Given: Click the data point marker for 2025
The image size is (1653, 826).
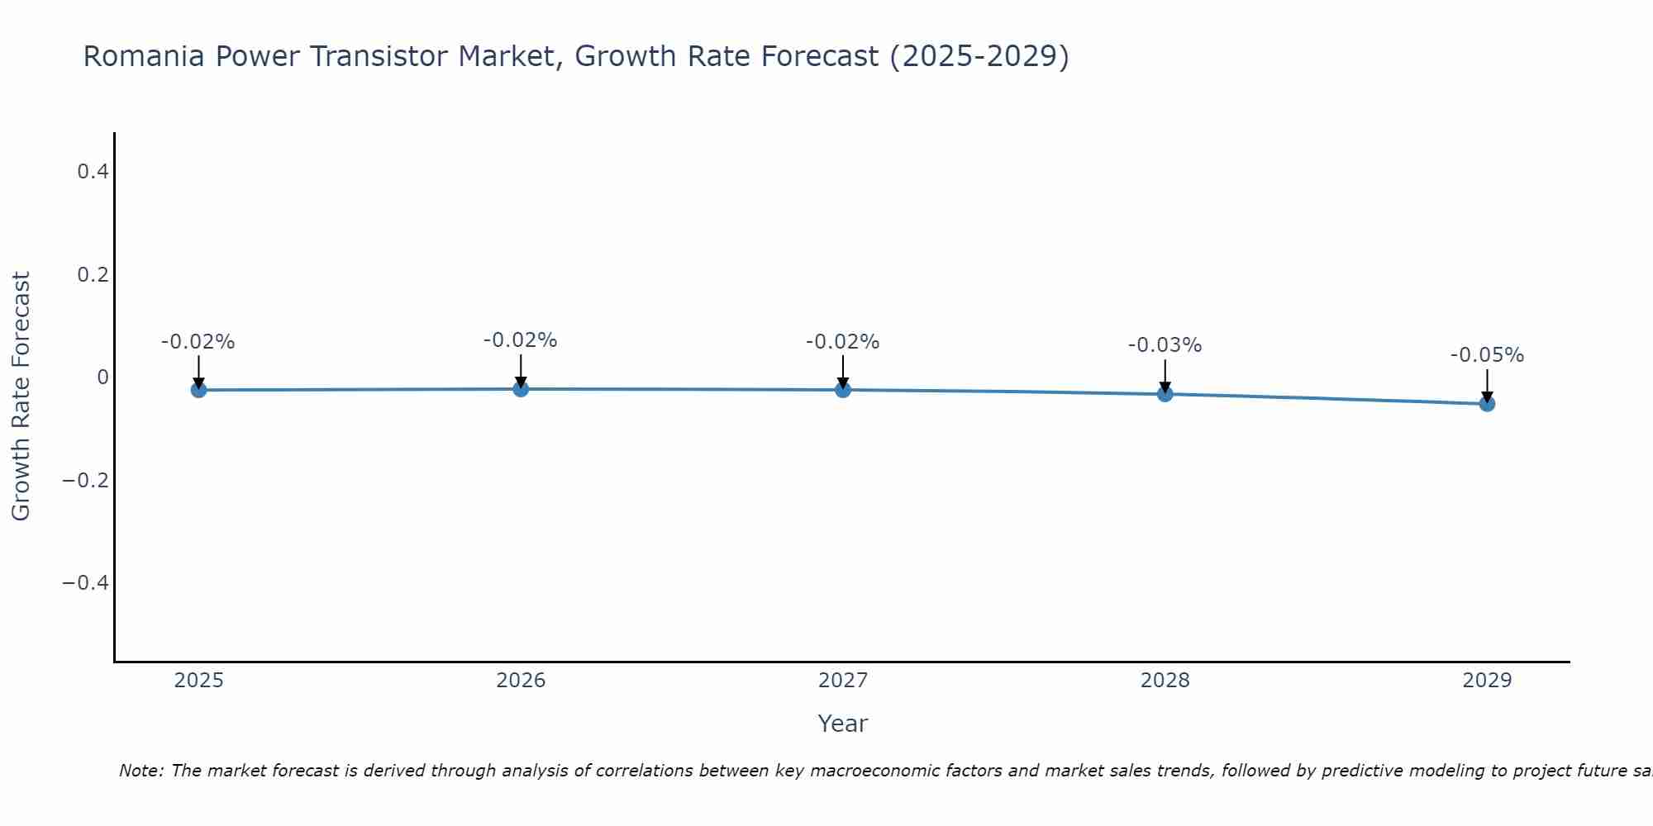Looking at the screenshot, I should click(x=198, y=390).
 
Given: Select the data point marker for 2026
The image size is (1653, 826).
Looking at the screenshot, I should click(x=521, y=388).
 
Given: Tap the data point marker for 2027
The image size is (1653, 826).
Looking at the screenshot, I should click(x=843, y=390).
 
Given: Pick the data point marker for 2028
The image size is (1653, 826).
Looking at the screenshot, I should click(x=1165, y=394).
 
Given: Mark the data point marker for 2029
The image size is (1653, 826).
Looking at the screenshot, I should click(x=1487, y=404).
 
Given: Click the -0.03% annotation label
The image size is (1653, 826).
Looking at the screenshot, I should click(x=1165, y=345).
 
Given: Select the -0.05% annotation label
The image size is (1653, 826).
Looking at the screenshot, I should click(x=1487, y=355).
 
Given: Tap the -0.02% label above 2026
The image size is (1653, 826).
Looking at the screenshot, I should click(x=520, y=340).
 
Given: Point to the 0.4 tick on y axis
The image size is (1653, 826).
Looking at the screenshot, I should click(x=93, y=172).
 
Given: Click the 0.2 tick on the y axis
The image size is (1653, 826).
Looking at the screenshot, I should click(x=93, y=274).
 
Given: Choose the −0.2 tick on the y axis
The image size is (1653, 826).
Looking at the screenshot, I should click(x=86, y=480).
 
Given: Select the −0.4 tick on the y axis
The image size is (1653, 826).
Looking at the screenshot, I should click(x=86, y=583).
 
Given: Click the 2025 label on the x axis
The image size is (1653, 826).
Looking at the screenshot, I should click(x=199, y=681).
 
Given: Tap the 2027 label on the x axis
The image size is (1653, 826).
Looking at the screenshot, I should click(x=843, y=681).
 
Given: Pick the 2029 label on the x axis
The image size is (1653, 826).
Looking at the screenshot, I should click(x=1487, y=681).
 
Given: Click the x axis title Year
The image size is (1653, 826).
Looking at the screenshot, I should click(x=842, y=724).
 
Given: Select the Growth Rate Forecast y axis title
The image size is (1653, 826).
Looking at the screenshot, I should click(x=21, y=396).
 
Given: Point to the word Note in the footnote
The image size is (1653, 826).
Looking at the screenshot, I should click(x=141, y=771).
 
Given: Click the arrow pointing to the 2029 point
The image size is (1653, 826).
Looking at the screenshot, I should click(x=1487, y=384).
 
